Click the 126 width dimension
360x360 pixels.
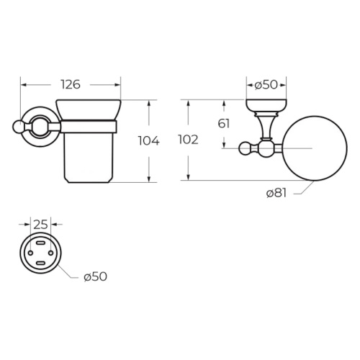pos(71,85)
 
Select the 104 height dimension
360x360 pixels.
pos(149,141)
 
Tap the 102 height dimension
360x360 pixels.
pos(189,140)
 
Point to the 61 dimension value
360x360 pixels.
pos(224,124)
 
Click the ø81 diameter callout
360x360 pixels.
pos(276,193)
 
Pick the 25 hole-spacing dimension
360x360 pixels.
pos(40,225)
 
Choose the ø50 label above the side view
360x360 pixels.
pos(266,85)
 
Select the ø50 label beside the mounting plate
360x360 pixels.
pos(95,276)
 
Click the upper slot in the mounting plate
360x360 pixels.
pos(40,243)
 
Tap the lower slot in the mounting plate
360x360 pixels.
pos(40,264)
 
